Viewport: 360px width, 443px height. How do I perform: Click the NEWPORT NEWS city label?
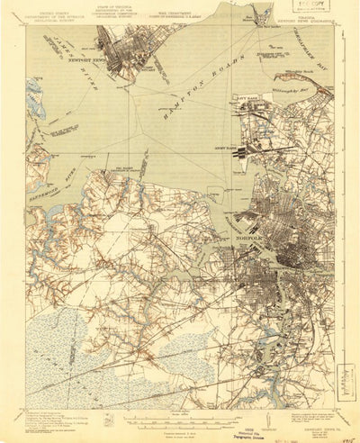click(83, 66)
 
